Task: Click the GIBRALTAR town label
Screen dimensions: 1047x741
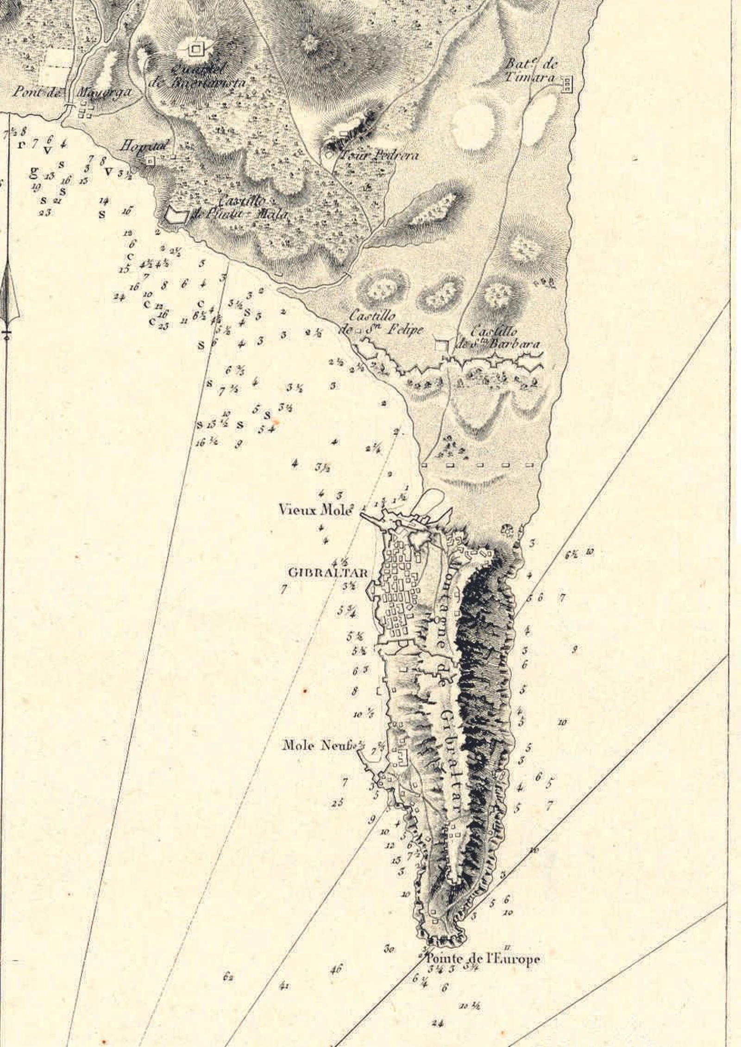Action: click(328, 572)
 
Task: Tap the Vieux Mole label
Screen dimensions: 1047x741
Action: click(316, 509)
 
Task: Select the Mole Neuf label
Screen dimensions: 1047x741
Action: click(320, 745)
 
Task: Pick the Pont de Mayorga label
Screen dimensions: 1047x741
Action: click(72, 92)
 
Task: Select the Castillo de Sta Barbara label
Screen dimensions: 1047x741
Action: click(505, 338)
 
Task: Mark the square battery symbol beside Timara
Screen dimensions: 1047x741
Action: click(566, 84)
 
